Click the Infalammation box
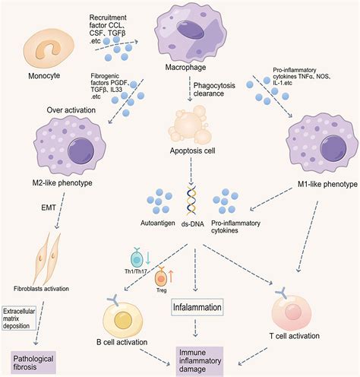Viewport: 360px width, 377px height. coord(196,308)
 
